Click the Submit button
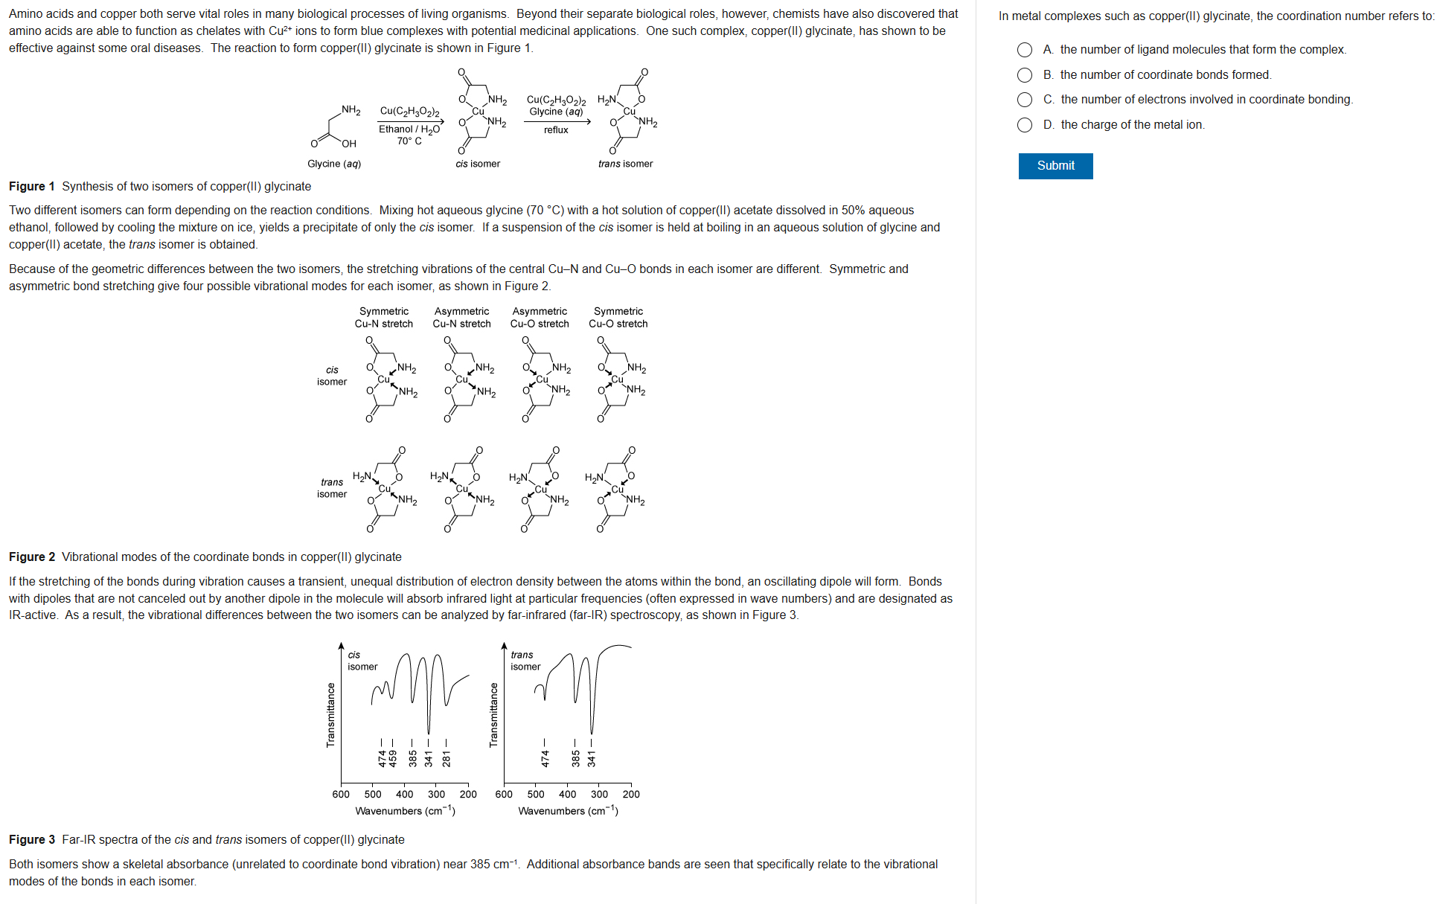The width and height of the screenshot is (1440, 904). point(1055,166)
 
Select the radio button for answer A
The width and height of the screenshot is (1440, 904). point(1025,50)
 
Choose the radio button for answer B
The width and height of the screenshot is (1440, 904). point(1025,75)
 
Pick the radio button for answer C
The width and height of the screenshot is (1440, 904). point(1025,100)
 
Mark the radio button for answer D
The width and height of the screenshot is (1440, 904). point(1025,125)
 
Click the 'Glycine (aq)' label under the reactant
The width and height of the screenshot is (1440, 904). point(334,164)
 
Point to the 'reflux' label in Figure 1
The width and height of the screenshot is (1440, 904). point(556,130)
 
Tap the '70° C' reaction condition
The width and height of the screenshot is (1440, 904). point(409,141)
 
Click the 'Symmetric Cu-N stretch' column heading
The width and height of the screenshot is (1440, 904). point(384,318)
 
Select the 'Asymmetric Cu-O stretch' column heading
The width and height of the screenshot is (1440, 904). point(540,318)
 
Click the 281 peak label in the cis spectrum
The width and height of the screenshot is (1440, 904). point(447,758)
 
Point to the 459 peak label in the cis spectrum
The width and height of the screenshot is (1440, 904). point(393,758)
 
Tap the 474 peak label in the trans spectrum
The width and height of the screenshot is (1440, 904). point(545,758)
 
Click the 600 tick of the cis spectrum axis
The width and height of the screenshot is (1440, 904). point(341,795)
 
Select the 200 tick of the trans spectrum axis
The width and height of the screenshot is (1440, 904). point(631,795)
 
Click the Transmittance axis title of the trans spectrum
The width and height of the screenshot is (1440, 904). point(493,714)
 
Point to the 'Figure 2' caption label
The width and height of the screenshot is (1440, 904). point(32,557)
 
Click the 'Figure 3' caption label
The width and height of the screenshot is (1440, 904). point(32,840)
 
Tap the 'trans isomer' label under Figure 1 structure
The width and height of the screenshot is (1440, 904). point(625,164)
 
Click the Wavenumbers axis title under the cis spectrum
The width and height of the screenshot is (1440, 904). point(405,811)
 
